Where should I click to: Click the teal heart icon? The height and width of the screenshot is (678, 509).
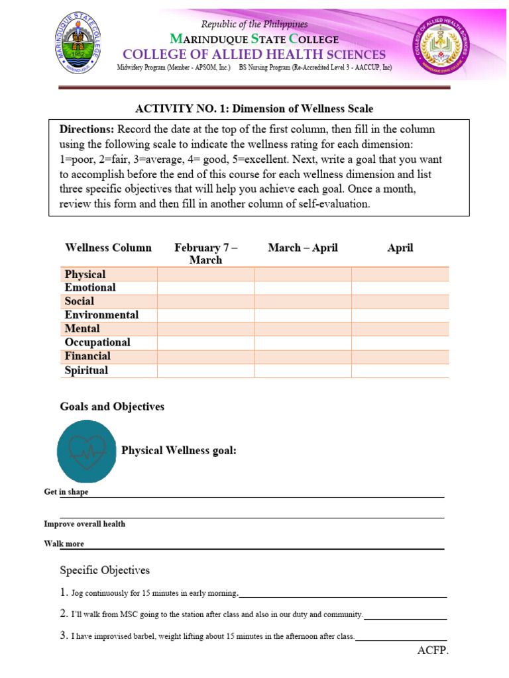[88, 451]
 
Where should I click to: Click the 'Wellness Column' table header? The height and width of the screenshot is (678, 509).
[108, 248]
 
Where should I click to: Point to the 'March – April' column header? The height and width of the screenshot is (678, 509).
[303, 248]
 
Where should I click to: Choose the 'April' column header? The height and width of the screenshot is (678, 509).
[400, 248]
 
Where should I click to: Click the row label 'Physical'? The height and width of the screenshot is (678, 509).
[85, 274]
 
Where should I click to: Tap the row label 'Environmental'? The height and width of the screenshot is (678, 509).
[101, 315]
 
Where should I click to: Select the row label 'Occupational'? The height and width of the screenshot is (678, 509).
[97, 342]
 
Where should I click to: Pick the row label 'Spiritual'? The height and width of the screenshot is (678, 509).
[86, 370]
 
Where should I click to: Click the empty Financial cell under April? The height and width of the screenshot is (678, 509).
[400, 357]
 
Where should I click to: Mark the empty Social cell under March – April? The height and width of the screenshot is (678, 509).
[303, 302]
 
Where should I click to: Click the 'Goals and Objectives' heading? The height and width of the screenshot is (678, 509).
[112, 407]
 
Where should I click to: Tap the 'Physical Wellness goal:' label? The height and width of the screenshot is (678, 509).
[178, 451]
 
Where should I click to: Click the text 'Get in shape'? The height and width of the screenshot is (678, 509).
[66, 493]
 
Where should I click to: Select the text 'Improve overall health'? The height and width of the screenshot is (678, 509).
[84, 524]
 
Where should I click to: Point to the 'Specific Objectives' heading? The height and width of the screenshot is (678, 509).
[105, 570]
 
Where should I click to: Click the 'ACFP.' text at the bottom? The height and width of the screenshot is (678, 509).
[433, 652]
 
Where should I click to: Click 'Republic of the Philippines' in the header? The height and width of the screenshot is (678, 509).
[254, 24]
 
